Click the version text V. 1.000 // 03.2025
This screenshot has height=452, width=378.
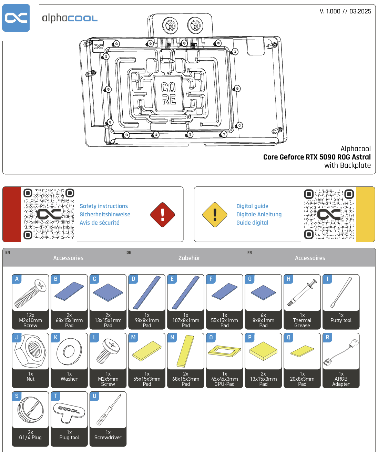pos(345,11)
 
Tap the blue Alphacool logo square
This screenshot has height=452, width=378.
pos(16,18)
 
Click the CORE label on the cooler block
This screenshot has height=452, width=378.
pos(169,93)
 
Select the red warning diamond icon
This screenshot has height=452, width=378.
pos(162,215)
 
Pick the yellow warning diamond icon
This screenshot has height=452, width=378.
pos(215,215)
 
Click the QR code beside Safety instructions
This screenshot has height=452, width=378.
pos(49,214)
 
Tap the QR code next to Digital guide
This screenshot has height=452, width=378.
pos(329,214)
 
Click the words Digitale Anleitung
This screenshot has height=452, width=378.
pos(259,214)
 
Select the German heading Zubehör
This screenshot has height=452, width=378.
pos(189,258)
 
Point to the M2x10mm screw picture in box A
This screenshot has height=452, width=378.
pos(30,295)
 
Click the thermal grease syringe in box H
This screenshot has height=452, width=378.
pos(302,293)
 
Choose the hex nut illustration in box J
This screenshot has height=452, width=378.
pos(30,351)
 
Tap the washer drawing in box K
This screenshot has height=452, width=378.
pos(69,351)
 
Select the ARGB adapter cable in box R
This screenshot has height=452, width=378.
pos(341,352)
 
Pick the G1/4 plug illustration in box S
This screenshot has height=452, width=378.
pos(30,410)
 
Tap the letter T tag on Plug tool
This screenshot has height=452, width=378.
pos(55,396)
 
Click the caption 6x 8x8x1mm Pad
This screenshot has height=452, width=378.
pos(263,320)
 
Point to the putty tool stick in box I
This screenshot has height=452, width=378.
pos(341,293)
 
